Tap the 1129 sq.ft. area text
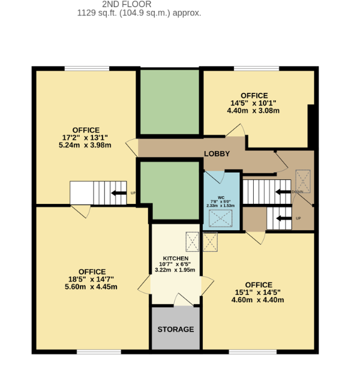(139, 13)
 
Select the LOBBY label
(217, 154)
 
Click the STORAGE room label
(176, 329)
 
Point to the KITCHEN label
(176, 258)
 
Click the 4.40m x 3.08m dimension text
(254, 110)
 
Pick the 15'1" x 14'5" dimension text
(258, 293)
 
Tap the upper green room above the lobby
(169, 101)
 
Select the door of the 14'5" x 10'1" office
(235, 131)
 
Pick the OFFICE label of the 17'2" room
(86, 130)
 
